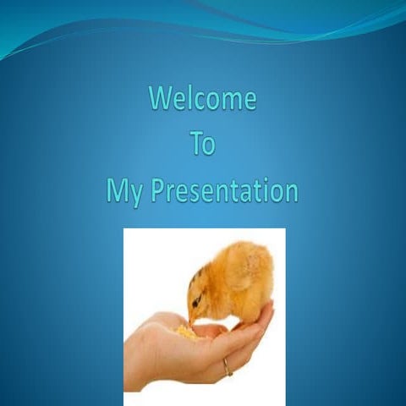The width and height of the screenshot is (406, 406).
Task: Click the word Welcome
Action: (x=202, y=99)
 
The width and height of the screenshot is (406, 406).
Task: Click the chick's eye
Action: (x=197, y=301)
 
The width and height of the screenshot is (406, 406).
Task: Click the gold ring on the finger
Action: (x=227, y=367)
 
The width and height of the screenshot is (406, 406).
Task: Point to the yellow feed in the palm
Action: (x=184, y=332)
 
